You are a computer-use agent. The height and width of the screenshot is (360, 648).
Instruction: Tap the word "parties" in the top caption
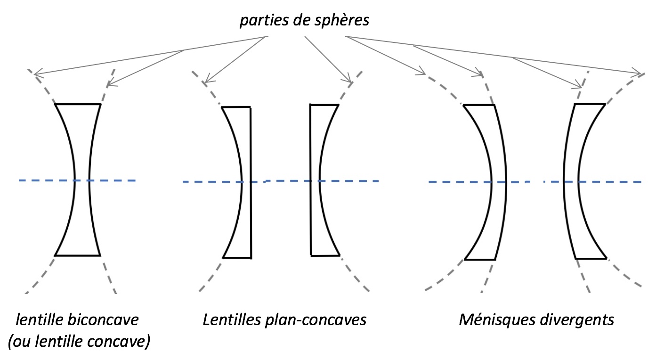point(259,21)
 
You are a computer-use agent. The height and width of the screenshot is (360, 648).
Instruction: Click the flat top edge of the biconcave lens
point(78,104)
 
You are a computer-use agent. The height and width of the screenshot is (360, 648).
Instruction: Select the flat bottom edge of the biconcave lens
point(78,255)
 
